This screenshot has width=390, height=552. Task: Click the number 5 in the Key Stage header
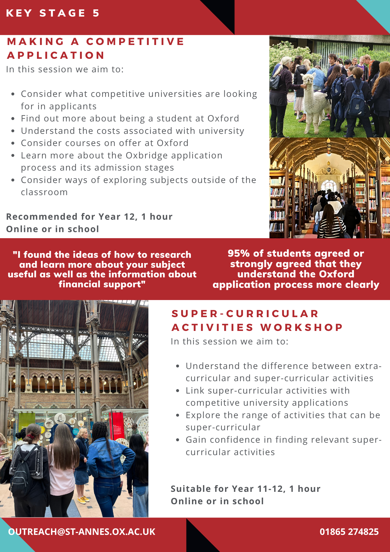96,13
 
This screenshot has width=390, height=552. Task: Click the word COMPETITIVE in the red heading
135,42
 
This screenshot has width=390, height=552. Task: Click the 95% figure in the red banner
239,253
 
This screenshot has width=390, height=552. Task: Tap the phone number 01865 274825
349,532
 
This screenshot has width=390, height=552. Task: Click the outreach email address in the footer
82,532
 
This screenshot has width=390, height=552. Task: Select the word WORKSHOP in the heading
301,327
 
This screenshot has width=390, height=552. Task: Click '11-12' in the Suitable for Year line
270,489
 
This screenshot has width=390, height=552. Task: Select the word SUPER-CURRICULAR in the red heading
245,314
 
